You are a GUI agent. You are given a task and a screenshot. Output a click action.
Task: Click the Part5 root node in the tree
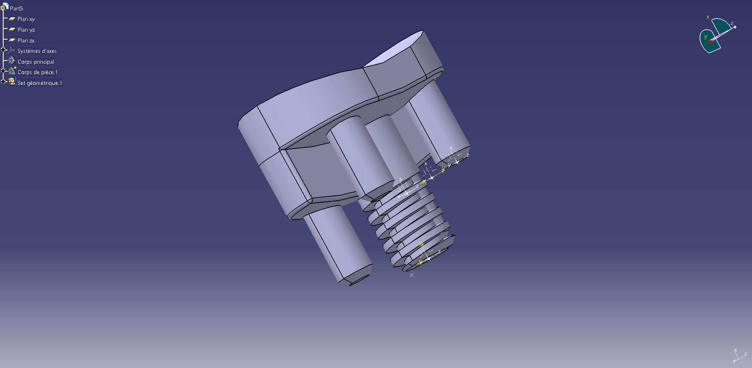pyautogui.click(x=16, y=8)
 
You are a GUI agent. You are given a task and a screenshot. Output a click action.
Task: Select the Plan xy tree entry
pyautogui.click(x=26, y=19)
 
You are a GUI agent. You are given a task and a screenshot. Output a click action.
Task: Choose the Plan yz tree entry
pyautogui.click(x=26, y=30)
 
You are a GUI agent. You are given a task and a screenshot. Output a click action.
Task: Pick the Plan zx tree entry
pyautogui.click(x=26, y=40)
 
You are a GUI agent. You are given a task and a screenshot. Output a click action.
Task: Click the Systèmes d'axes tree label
pyautogui.click(x=37, y=51)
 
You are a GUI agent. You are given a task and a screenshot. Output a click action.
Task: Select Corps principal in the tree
pyautogui.click(x=36, y=62)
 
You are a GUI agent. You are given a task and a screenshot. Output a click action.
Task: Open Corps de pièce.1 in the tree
pyautogui.click(x=37, y=72)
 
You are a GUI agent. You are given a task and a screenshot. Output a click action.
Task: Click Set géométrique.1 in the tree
pyautogui.click(x=40, y=83)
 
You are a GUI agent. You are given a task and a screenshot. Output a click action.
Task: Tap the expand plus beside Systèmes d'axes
pyautogui.click(x=3, y=50)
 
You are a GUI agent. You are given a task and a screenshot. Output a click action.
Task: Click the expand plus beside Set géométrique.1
pyautogui.click(x=3, y=81)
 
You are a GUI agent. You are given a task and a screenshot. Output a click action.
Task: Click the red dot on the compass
pyautogui.click(x=711, y=42)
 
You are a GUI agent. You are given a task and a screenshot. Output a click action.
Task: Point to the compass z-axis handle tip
pyautogui.click(x=735, y=27)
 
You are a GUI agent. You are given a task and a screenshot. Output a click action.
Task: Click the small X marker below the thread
pyautogui.click(x=411, y=275)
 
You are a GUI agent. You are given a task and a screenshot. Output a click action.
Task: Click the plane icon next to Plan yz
pyautogui.click(x=12, y=30)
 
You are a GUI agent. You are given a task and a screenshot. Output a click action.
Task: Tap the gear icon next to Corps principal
pyautogui.click(x=12, y=61)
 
